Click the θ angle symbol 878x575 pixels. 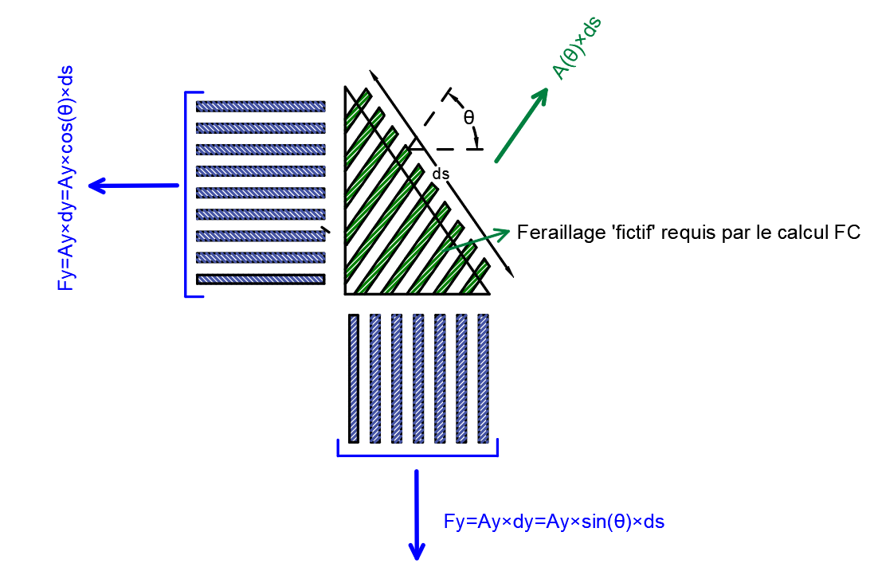pos(469,117)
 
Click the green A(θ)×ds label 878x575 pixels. pos(577,49)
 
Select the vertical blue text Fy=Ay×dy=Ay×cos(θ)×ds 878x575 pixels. pos(66,178)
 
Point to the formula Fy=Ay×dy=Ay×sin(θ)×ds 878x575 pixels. pos(554,522)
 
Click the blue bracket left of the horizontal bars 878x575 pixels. pos(188,194)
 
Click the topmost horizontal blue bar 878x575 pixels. pos(261,106)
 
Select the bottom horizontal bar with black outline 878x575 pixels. pos(261,279)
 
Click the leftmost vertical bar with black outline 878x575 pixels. pos(354,378)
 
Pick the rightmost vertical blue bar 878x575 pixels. pos(482,378)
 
